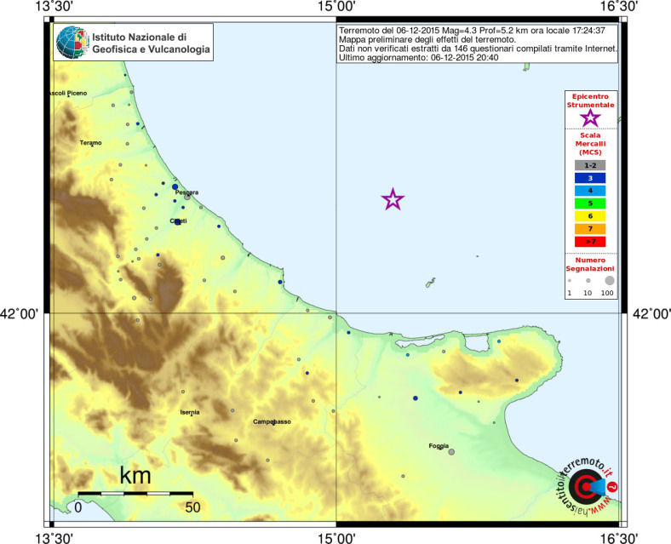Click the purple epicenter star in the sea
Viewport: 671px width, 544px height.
393,200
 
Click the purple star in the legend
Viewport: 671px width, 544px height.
590,118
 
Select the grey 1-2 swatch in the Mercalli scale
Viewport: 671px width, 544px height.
590,165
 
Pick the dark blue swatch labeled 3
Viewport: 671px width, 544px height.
590,178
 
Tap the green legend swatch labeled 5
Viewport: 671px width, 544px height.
590,203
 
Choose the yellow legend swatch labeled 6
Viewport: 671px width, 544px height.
590,216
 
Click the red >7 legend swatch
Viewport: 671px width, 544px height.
590,242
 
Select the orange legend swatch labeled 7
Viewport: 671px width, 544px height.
590,229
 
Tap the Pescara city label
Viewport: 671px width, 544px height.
186,192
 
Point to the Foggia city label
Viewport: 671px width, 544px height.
439,445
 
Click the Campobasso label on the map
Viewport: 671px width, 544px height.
272,421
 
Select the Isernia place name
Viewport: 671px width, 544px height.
189,412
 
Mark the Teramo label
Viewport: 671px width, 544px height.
91,142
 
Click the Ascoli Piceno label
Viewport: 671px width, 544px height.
67,93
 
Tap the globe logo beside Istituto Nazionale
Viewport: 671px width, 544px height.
72,43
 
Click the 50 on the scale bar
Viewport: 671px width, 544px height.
192,507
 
